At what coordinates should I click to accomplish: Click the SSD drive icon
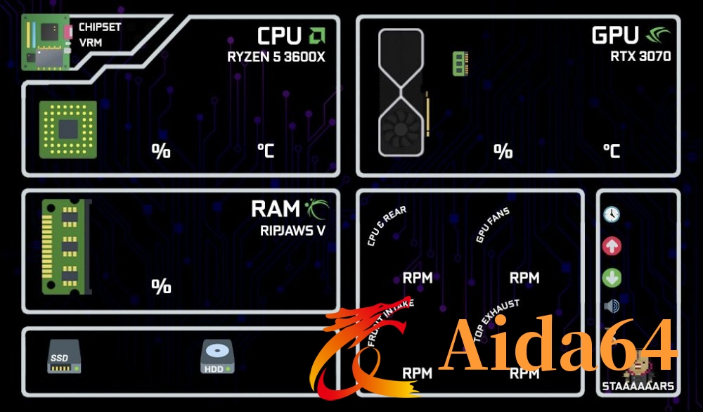(x=60, y=356)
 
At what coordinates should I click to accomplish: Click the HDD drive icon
(x=217, y=357)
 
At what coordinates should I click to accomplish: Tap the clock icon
(x=612, y=214)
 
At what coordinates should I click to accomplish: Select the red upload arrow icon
(x=612, y=246)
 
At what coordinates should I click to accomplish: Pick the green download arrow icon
(x=612, y=278)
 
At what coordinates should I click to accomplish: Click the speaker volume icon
(x=612, y=307)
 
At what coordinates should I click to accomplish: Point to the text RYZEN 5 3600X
(x=276, y=57)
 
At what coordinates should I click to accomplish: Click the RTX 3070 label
(x=640, y=56)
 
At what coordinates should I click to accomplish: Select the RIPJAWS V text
(x=293, y=228)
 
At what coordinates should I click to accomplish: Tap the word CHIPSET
(x=100, y=27)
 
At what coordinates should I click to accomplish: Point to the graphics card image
(x=401, y=91)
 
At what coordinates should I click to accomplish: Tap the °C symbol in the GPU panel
(x=611, y=151)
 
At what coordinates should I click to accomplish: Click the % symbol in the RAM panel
(x=161, y=286)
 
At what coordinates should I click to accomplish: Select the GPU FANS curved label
(x=493, y=225)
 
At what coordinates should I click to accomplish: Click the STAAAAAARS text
(x=638, y=386)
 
